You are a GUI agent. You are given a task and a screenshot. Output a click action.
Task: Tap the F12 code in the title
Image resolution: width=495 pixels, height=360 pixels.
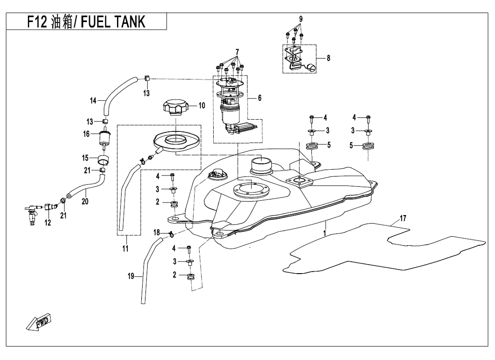tap(37, 22)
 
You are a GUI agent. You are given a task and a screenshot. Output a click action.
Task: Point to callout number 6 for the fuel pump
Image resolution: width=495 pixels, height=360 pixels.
tap(259, 97)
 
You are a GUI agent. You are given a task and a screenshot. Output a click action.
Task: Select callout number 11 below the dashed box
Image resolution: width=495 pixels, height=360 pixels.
tap(125, 248)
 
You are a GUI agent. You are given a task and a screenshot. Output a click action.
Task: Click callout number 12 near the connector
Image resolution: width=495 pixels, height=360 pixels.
tap(48, 222)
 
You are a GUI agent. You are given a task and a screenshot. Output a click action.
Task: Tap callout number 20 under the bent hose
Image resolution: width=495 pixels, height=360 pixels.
tap(85, 202)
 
